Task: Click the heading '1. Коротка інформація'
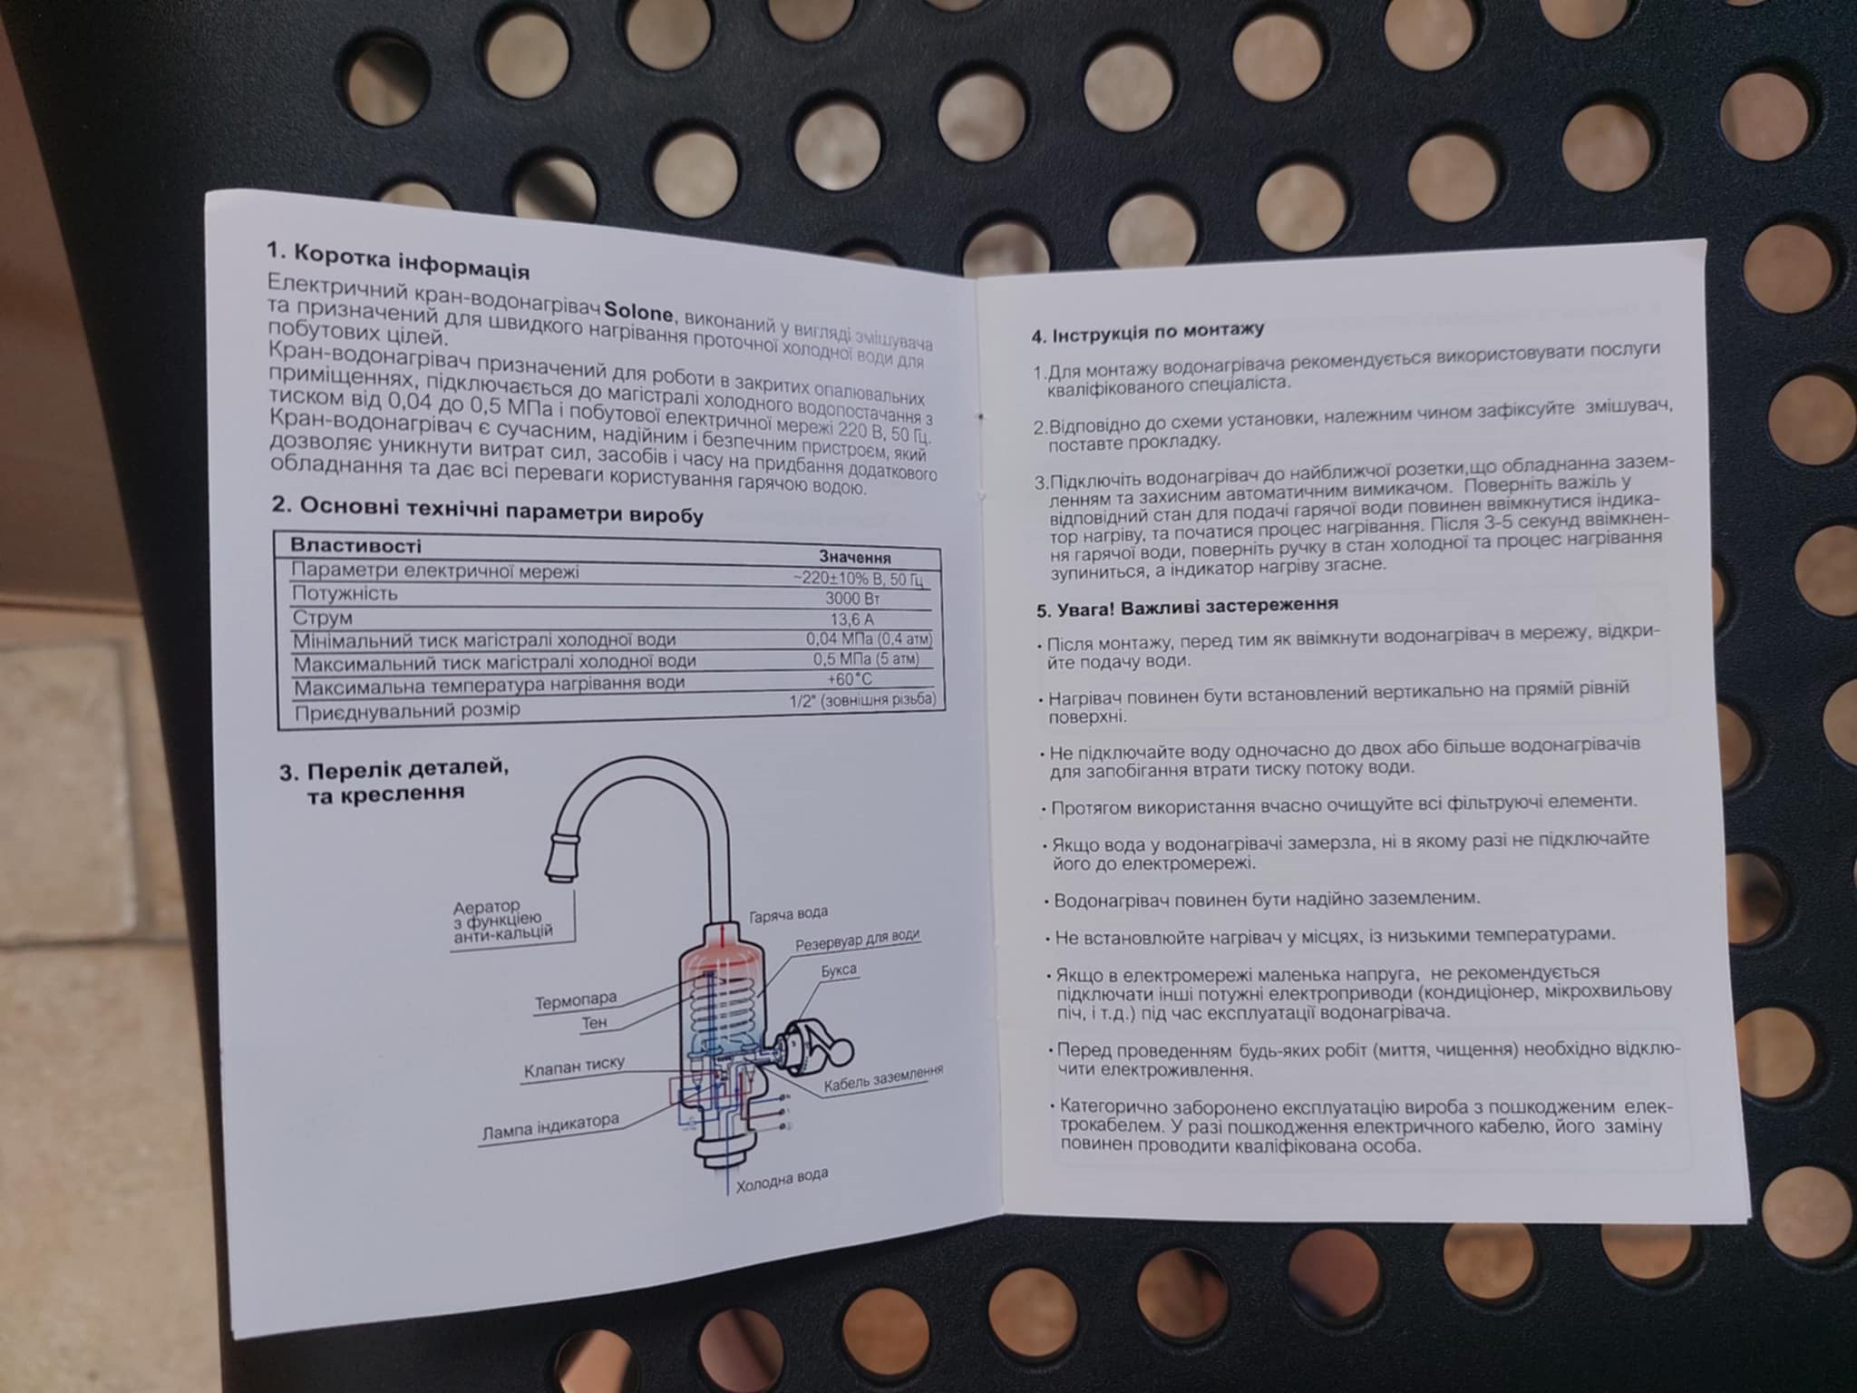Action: click(x=397, y=258)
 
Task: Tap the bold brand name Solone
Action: click(x=639, y=313)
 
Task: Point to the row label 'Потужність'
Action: click(x=345, y=594)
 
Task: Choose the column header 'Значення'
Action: click(x=855, y=557)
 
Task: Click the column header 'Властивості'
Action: click(x=355, y=546)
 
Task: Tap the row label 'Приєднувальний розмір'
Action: click(x=407, y=710)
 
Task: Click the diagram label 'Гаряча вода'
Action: click(x=788, y=914)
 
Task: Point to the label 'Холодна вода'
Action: click(x=782, y=1180)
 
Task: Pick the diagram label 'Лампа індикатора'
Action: click(x=550, y=1128)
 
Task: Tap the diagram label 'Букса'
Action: click(x=839, y=970)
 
